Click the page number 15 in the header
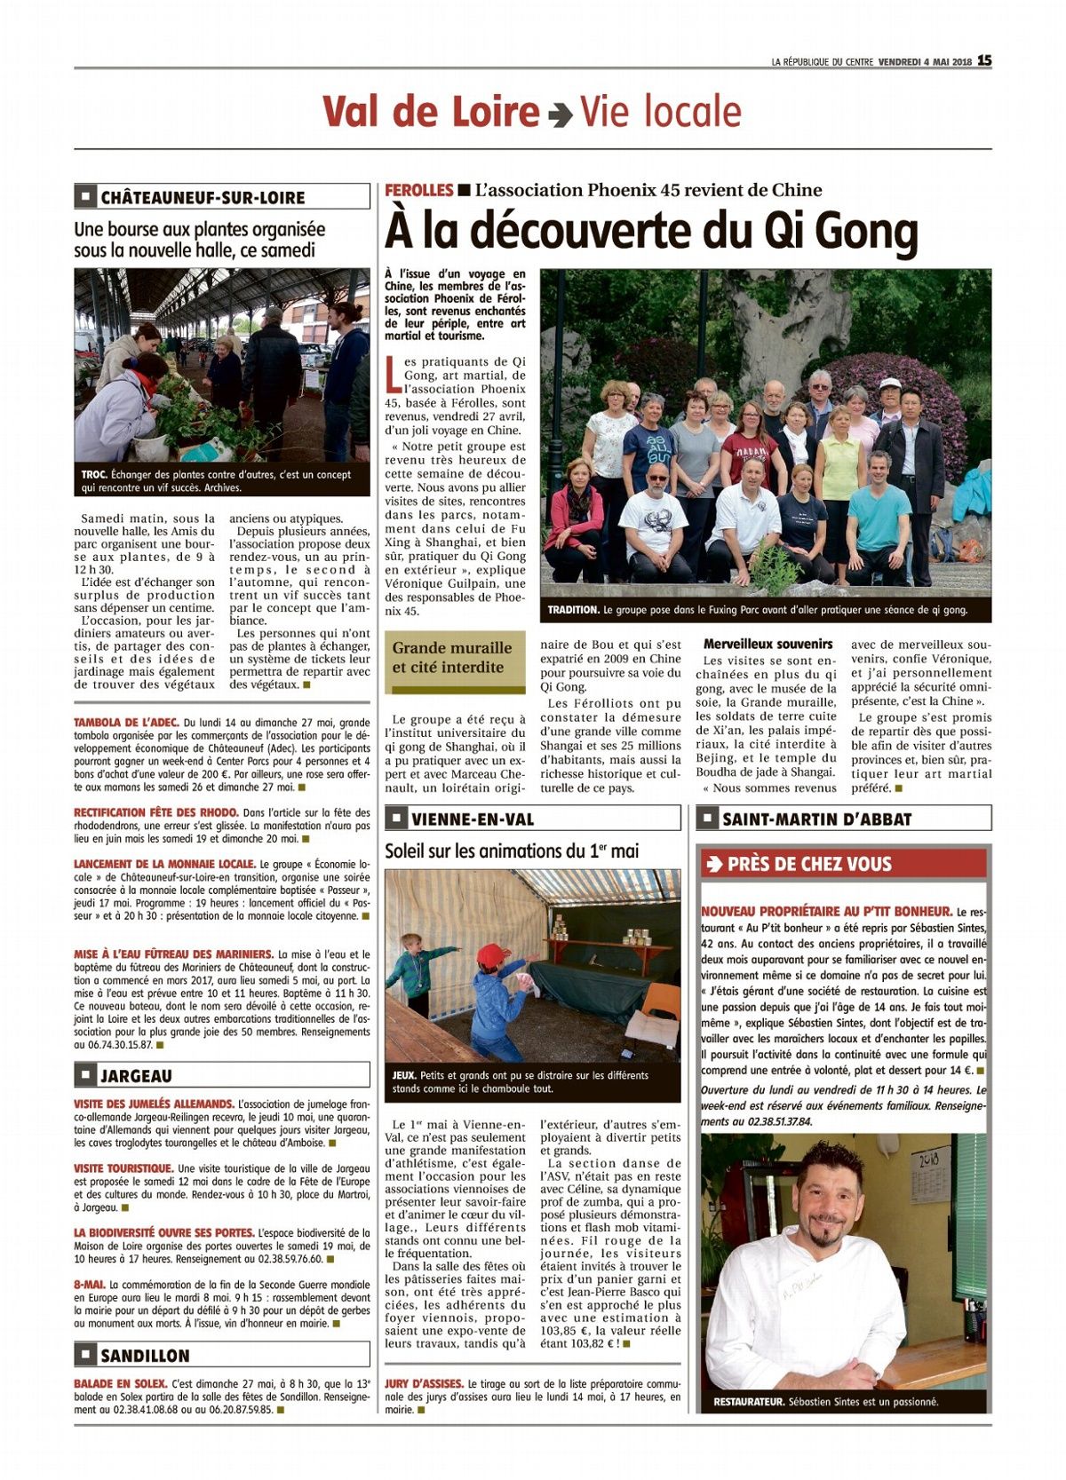coord(984,60)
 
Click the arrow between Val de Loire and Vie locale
coord(560,115)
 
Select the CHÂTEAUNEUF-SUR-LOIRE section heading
coord(203,197)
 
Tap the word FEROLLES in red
coord(419,190)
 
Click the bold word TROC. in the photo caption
coord(93,475)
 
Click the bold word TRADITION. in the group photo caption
coord(574,611)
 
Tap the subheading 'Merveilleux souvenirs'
coord(768,644)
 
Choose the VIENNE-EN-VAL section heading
coord(473,819)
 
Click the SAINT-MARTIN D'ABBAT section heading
coord(816,819)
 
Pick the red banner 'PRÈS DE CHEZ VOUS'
coord(808,864)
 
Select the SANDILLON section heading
coord(145,1355)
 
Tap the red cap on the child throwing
coord(493,955)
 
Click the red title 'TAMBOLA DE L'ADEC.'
coord(126,723)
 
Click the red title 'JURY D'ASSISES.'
coord(424,1383)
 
